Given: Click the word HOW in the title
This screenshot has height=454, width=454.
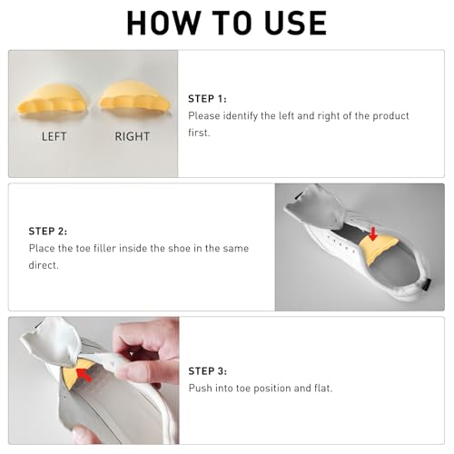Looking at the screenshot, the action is [x=163, y=23].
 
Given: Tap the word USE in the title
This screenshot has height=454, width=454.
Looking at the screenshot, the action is [x=296, y=23].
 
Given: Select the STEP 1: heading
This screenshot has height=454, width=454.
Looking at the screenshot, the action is [x=207, y=99].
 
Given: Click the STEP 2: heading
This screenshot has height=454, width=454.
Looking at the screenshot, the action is [x=48, y=232].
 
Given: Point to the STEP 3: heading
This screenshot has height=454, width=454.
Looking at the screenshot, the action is [x=208, y=371].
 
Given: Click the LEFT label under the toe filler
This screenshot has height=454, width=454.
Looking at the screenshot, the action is [x=54, y=136].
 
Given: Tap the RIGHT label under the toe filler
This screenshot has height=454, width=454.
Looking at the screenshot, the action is [x=133, y=136].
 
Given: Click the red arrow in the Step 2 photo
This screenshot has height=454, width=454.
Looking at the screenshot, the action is [x=373, y=234].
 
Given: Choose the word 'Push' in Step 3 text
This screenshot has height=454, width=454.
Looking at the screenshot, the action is [x=200, y=388].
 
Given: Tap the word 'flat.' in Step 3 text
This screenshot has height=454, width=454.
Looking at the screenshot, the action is [x=323, y=388].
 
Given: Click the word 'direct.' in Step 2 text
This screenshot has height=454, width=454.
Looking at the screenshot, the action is [x=44, y=265].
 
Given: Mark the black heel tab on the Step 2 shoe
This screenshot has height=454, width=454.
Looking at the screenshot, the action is [x=428, y=284].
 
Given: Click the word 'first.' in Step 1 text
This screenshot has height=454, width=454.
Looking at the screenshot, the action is [x=199, y=133].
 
